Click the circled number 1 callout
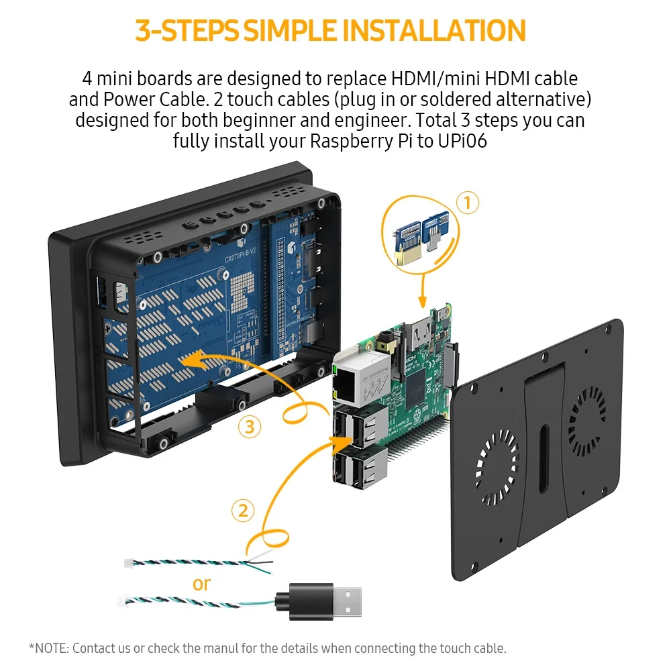pyautogui.click(x=468, y=203)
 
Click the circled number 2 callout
pyautogui.click(x=243, y=511)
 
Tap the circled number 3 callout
pyautogui.click(x=250, y=427)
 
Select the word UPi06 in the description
pyautogui.click(x=462, y=141)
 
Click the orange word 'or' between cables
pyautogui.click(x=201, y=584)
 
